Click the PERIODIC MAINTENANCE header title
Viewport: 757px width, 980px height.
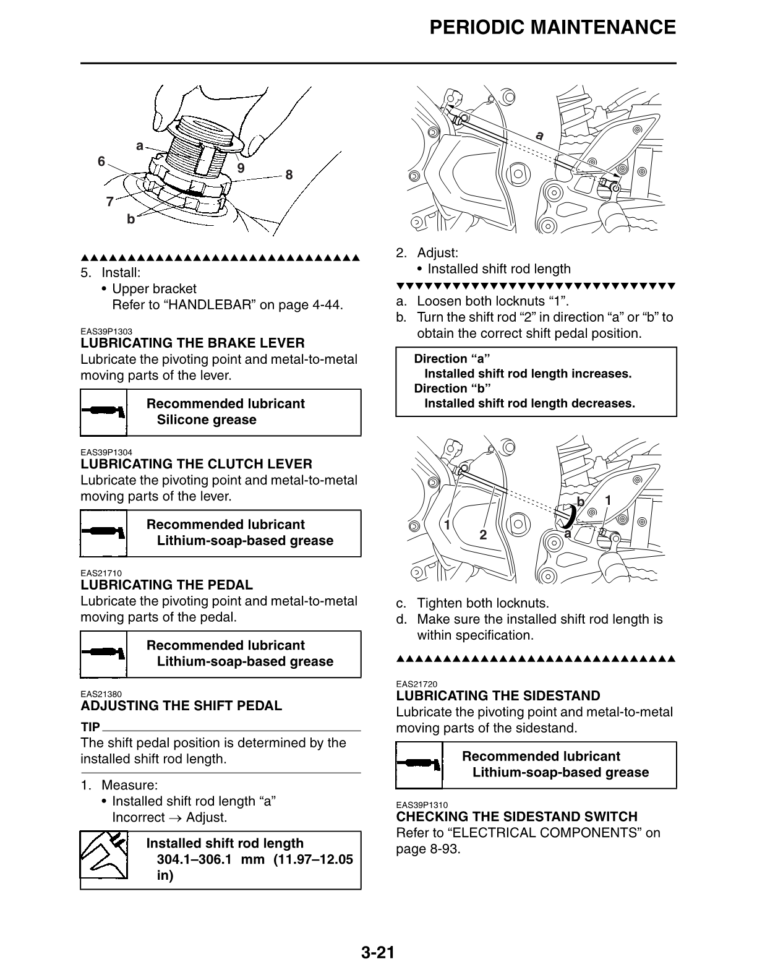click(552, 28)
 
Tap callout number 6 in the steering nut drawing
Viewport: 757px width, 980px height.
click(101, 161)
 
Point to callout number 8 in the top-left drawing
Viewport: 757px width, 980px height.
click(289, 174)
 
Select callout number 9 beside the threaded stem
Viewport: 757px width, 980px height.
click(241, 168)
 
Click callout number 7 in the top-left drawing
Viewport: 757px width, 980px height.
click(109, 202)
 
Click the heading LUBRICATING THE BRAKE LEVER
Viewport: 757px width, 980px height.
click(192, 343)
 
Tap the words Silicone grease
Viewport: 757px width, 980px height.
click(206, 420)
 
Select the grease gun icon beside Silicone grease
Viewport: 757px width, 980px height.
click(104, 412)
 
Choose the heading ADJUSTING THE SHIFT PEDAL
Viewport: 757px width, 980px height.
click(181, 706)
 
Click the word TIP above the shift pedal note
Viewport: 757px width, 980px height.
click(90, 727)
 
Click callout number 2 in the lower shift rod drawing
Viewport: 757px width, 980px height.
click(483, 535)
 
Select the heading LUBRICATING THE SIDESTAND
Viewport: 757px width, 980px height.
click(498, 696)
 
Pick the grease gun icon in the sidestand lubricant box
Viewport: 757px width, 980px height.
click(419, 765)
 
